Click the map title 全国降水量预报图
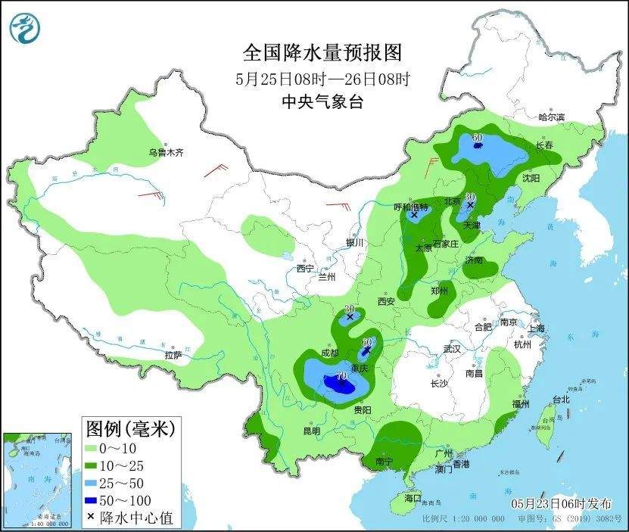(321, 53)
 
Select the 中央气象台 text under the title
(321, 101)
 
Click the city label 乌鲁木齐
(166, 152)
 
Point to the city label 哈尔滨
(552, 117)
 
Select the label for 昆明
(312, 431)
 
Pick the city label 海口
(412, 499)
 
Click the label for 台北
(561, 399)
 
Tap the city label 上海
(537, 328)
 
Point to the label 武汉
(452, 350)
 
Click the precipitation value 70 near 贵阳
(341, 375)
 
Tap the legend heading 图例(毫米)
(129, 429)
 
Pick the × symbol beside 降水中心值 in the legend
(91, 518)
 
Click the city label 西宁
(304, 269)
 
